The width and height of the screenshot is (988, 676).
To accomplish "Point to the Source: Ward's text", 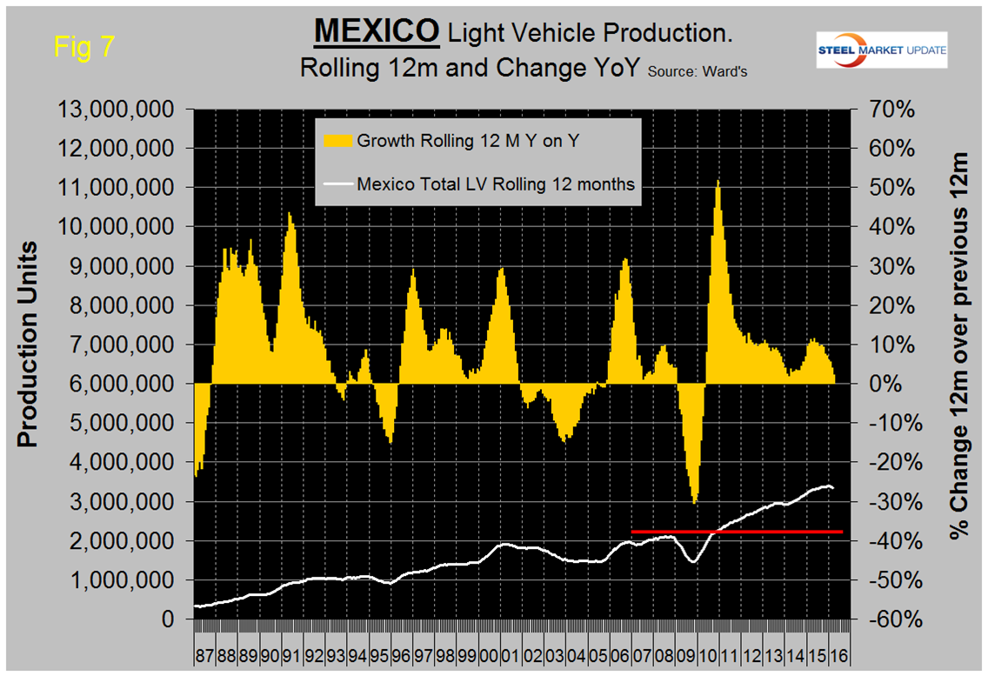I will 696,73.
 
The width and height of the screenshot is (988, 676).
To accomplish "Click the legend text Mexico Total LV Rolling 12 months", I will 496,184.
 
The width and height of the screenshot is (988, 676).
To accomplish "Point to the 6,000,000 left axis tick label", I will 122,385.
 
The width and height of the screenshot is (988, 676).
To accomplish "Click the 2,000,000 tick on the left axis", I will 122,541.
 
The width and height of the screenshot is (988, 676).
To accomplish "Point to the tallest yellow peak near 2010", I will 718,183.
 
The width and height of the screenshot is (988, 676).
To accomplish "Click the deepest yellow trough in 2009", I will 694,501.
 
